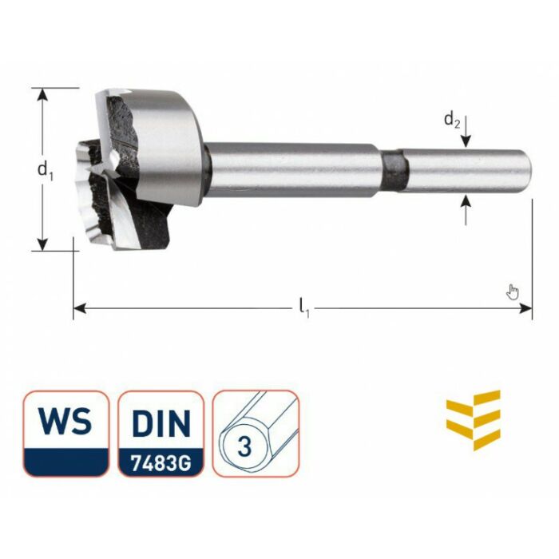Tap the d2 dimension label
452,121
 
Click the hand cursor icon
513,291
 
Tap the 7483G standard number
161,462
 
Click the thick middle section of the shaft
295,170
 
